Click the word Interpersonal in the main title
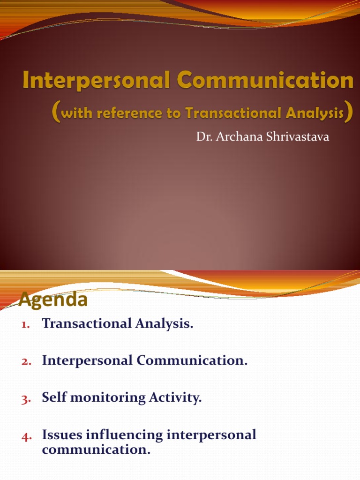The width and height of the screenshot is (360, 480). [x=92, y=81]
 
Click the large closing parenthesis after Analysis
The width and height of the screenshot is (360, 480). [x=348, y=114]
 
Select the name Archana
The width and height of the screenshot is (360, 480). [x=233, y=138]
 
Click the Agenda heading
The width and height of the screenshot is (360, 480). [x=53, y=300]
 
